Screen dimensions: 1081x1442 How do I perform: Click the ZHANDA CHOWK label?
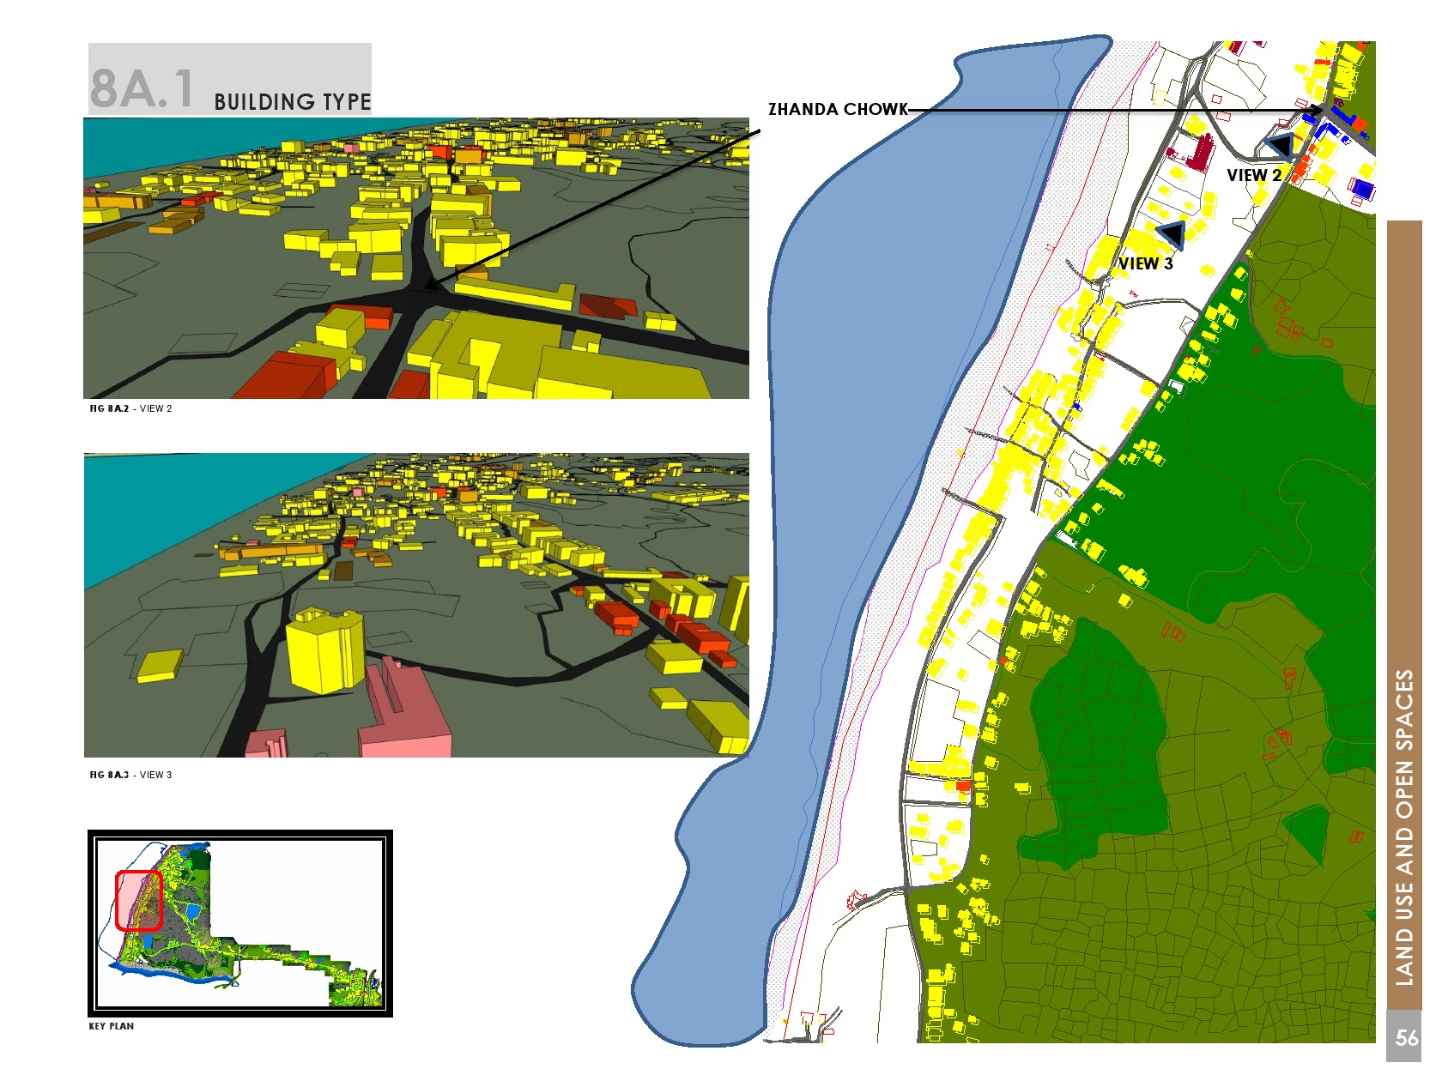pyautogui.click(x=837, y=109)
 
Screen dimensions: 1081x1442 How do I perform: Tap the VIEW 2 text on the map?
pyautogui.click(x=1253, y=175)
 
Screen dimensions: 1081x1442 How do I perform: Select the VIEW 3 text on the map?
pyautogui.click(x=1145, y=263)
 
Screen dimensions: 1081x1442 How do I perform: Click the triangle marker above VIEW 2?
pyautogui.click(x=1280, y=145)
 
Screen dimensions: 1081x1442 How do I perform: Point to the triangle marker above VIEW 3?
pyautogui.click(x=1172, y=233)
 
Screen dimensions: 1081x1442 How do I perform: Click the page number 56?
pyautogui.click(x=1406, y=1038)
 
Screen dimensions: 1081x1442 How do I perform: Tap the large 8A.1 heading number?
pyautogui.click(x=142, y=88)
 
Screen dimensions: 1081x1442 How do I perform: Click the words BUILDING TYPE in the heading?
pyautogui.click(x=292, y=102)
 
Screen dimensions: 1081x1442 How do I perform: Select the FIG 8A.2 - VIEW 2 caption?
pyautogui.click(x=130, y=408)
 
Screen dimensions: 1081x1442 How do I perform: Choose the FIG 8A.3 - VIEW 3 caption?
pyautogui.click(x=130, y=775)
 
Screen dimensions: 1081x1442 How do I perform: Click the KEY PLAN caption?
pyautogui.click(x=111, y=1026)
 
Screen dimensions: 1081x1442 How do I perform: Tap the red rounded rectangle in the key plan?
pyautogui.click(x=138, y=900)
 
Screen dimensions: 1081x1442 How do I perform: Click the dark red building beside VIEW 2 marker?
pyautogui.click(x=1199, y=152)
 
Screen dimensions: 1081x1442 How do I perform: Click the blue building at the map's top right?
pyautogui.click(x=1362, y=189)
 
